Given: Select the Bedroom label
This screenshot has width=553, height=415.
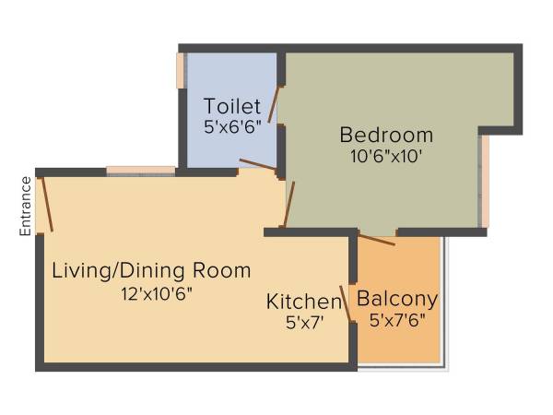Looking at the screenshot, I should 386,135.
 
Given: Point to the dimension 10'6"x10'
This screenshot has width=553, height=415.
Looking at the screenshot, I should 385,157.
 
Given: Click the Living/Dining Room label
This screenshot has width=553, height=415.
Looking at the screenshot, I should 151,271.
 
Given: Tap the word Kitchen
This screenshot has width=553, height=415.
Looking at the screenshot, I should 304,302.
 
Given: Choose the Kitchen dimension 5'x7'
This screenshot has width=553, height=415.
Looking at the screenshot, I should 304,323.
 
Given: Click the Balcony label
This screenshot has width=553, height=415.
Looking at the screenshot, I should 397,300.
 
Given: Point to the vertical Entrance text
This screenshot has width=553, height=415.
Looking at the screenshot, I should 26,205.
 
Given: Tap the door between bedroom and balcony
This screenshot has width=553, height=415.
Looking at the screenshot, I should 376,240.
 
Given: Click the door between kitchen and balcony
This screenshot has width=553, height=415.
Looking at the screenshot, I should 346,303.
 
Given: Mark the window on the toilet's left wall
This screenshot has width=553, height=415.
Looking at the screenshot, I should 181,71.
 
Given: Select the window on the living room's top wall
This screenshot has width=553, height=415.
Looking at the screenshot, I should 140,170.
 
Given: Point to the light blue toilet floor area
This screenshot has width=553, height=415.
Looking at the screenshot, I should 221,148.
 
